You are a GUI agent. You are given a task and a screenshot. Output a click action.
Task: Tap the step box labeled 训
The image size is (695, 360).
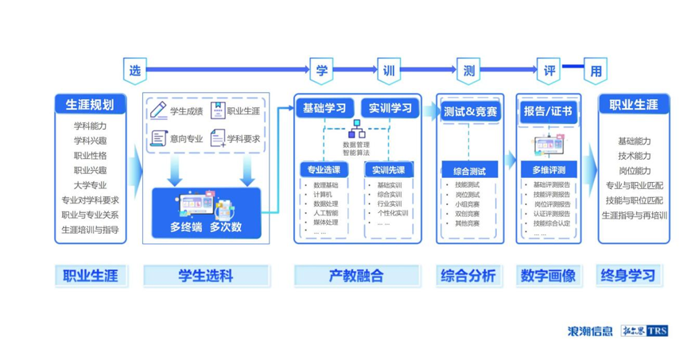click(389, 70)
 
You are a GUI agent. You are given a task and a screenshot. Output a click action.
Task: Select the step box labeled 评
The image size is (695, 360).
click(549, 70)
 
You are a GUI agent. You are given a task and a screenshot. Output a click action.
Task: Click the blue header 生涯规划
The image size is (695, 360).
click(89, 104)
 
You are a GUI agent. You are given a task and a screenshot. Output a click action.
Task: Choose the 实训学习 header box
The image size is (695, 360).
click(390, 108)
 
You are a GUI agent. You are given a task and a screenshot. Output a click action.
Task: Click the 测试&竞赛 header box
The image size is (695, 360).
click(469, 112)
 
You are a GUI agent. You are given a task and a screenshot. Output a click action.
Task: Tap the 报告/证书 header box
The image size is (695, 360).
click(548, 112)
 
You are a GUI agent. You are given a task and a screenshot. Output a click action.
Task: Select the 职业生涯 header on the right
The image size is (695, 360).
click(634, 104)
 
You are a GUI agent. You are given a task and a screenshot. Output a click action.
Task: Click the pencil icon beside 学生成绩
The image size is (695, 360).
click(159, 110)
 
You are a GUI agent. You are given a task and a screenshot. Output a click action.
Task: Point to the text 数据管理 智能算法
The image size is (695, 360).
click(356, 149)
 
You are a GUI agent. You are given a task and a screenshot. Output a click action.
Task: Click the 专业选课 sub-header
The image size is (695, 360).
click(325, 169)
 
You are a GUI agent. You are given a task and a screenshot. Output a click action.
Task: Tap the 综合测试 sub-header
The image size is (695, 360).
click(469, 170)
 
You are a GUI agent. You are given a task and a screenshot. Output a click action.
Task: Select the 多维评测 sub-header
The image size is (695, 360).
click(549, 170)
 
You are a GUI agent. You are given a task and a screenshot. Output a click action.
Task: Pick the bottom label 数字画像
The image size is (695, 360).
click(549, 276)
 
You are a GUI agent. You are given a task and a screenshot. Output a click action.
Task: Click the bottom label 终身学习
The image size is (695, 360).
click(634, 276)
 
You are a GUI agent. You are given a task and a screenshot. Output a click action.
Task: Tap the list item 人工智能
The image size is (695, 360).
click(327, 213)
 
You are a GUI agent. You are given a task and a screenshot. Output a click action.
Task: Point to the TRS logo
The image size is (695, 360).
click(658, 331)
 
